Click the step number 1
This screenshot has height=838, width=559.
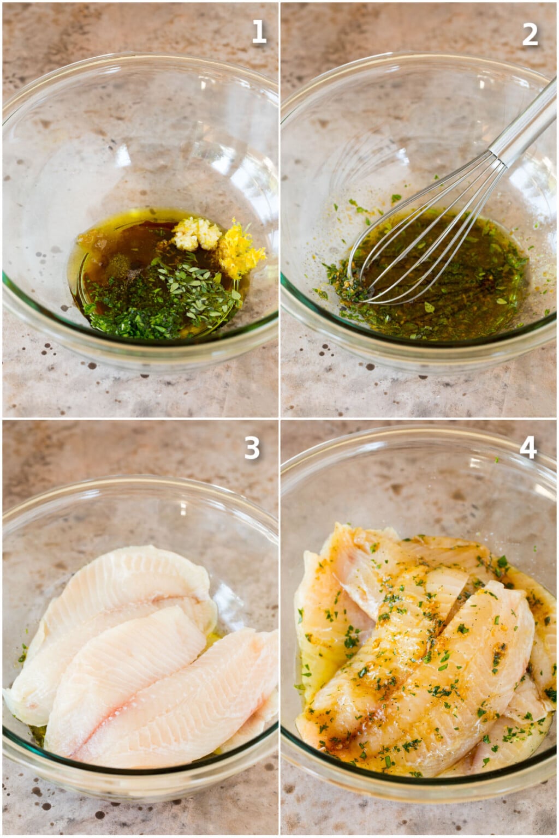pos(259,33)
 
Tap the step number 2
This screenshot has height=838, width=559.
pos(530,34)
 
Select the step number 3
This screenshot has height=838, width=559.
pos(251,448)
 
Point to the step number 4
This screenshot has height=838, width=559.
pos(528,448)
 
